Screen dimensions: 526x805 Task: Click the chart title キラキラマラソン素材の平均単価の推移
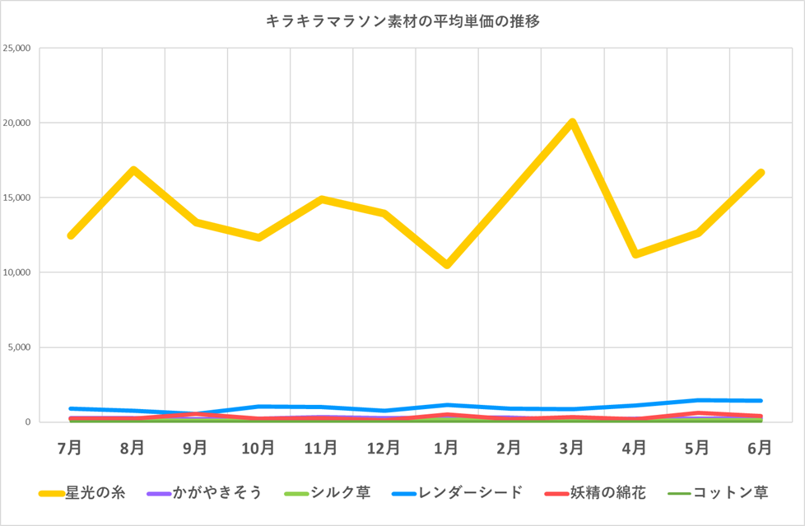tap(402, 22)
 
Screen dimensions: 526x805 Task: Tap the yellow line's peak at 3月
tap(572, 123)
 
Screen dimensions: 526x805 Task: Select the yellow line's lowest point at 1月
tap(446, 265)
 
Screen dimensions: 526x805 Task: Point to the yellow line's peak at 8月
tap(133, 170)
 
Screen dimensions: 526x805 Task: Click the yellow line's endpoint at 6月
tap(761, 173)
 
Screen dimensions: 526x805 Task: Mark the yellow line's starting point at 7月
tap(71, 235)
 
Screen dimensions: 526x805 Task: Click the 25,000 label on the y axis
tap(17, 48)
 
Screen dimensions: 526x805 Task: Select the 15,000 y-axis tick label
tap(17, 198)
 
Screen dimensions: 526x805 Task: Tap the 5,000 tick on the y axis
tap(20, 347)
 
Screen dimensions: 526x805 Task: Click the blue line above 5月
tap(697, 401)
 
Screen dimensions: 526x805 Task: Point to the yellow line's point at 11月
tap(321, 199)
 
